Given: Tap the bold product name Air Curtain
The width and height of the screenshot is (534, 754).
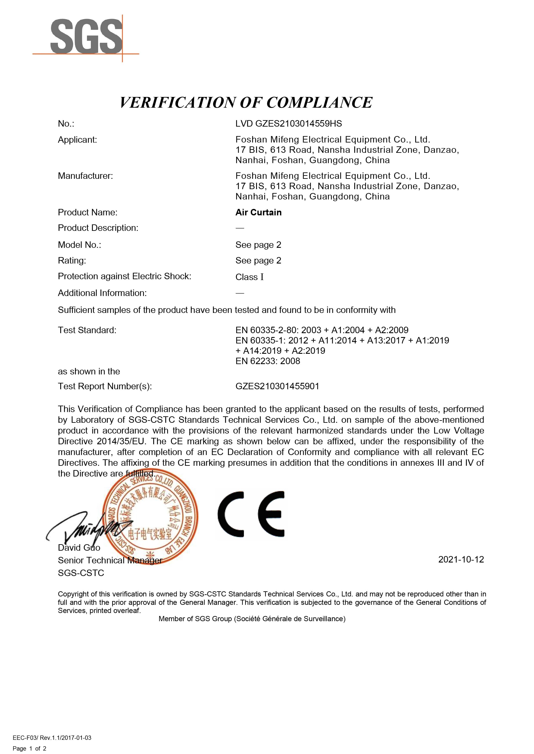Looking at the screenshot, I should [258, 213].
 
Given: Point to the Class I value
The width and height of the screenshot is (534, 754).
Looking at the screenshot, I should [249, 277].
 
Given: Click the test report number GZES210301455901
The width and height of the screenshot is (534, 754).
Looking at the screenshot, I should [277, 386].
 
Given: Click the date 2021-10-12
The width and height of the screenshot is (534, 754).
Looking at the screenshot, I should [461, 559].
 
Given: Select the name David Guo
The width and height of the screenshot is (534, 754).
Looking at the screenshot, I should [79, 548].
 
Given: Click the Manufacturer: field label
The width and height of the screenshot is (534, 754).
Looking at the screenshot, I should [85, 176].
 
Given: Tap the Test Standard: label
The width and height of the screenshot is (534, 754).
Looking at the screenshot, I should [87, 330].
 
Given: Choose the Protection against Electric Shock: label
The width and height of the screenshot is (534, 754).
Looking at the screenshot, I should [124, 276].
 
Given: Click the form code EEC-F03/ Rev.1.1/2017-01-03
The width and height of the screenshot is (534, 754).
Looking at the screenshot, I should [52, 738].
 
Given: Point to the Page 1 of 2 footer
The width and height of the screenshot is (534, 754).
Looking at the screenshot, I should [29, 748].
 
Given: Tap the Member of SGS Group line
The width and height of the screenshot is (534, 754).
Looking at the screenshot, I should [252, 619].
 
